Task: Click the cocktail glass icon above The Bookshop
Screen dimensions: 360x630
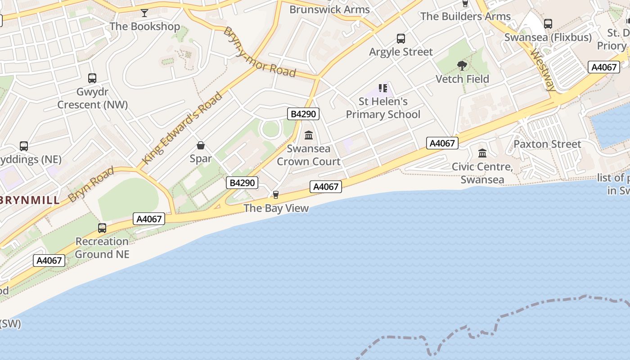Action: pyautogui.click(x=144, y=13)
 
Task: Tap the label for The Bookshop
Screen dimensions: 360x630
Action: pyautogui.click(x=144, y=26)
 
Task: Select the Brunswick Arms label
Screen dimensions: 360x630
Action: pyautogui.click(x=329, y=9)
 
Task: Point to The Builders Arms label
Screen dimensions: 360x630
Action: pyautogui.click(x=465, y=17)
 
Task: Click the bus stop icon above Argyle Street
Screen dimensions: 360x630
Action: pyautogui.click(x=400, y=39)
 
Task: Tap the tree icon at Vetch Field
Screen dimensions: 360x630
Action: pyautogui.click(x=462, y=66)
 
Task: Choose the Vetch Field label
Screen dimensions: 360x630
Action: pyautogui.click(x=462, y=79)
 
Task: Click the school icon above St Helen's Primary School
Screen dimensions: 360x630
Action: pyautogui.click(x=383, y=88)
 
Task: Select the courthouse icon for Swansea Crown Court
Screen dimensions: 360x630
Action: pyautogui.click(x=309, y=135)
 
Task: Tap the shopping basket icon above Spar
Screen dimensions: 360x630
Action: pyautogui.click(x=201, y=145)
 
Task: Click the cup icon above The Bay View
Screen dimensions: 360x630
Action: pyautogui.click(x=276, y=195)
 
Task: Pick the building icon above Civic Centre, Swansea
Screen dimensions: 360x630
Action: pyautogui.click(x=482, y=153)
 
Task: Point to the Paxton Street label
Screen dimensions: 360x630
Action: pyautogui.click(x=547, y=144)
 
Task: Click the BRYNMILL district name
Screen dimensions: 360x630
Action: pyautogui.click(x=30, y=200)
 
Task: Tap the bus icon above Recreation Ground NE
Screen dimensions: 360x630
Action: pyautogui.click(x=102, y=228)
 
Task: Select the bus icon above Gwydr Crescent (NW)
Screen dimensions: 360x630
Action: pyautogui.click(x=92, y=78)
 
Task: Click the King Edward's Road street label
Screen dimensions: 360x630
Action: pyautogui.click(x=182, y=128)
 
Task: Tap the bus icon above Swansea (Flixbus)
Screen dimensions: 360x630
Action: pyautogui.click(x=548, y=24)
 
